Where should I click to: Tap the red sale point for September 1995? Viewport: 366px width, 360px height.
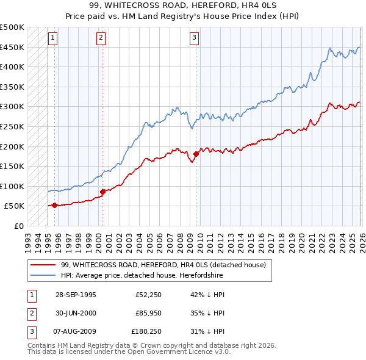click(55, 205)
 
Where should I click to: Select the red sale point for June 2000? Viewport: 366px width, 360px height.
click(102, 192)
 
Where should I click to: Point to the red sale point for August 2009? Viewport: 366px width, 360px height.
click(196, 154)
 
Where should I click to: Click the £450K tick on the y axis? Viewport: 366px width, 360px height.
click(12, 47)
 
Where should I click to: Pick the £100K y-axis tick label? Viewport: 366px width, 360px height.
click(12, 186)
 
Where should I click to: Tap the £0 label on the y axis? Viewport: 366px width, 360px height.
click(18, 226)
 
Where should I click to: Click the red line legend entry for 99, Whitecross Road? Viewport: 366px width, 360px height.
click(163, 265)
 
